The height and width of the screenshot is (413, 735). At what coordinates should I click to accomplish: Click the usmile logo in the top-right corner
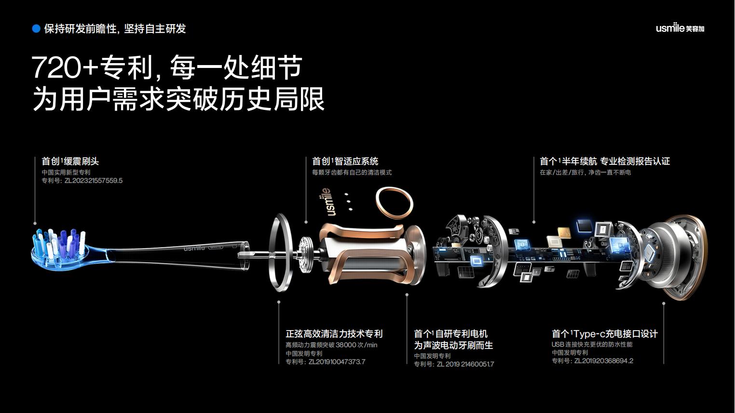coord(680,28)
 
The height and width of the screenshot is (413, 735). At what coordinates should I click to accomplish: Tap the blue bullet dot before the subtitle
coord(36,29)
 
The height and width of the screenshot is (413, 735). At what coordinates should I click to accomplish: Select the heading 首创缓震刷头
coord(70,161)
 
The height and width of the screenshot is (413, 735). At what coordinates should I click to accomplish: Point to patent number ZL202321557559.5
coord(94,181)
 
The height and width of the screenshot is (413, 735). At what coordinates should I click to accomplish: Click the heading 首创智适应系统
coord(345,161)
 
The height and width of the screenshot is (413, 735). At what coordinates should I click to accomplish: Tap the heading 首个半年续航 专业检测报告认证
coord(605,161)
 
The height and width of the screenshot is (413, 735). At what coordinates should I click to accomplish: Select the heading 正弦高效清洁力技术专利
coord(334,334)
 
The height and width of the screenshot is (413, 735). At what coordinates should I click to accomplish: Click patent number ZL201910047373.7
coord(337,362)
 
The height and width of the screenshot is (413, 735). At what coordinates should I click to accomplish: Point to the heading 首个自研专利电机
coord(451,334)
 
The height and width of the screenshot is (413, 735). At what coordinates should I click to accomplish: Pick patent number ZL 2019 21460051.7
coord(465,364)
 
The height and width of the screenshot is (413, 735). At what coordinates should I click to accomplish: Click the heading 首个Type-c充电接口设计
coord(605,334)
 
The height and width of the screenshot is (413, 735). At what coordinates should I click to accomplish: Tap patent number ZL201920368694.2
coord(604,361)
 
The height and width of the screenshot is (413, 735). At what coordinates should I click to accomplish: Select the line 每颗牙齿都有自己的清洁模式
coord(352,173)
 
